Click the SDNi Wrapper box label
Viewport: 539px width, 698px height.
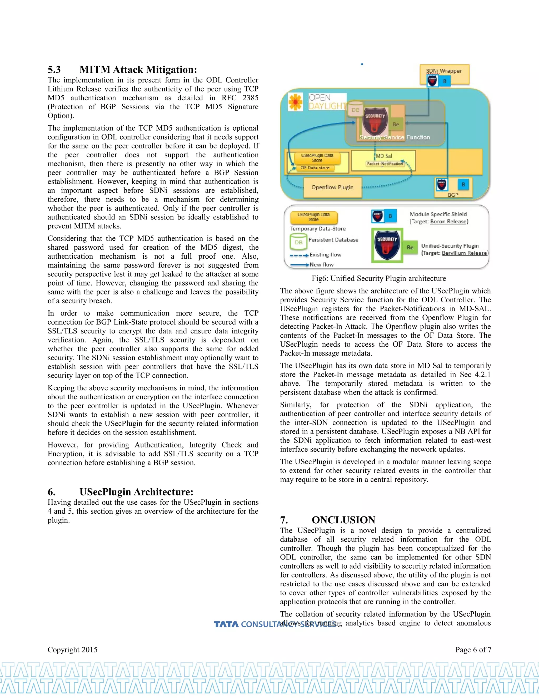click(444, 71)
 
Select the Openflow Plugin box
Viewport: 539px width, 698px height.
click(332, 187)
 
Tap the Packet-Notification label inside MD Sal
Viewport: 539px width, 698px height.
click(385, 164)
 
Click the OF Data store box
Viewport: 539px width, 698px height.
click(315, 168)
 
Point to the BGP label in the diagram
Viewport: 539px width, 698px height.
click(453, 195)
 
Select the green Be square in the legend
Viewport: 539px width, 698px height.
click(410, 247)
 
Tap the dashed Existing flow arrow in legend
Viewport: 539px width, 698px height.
click(299, 255)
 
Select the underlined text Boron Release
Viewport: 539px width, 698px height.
click(448, 222)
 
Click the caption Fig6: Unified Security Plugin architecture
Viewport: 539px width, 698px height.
click(379, 278)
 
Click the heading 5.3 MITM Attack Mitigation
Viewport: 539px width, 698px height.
click(122, 70)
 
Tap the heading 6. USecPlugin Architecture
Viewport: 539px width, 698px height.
click(120, 492)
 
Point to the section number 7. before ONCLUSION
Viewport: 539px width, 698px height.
click(284, 520)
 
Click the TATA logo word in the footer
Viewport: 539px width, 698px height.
click(226, 624)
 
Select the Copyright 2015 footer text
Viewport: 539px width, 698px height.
click(72, 650)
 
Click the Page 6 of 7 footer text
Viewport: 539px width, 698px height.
click(473, 650)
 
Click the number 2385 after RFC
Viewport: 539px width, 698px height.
click(250, 98)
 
